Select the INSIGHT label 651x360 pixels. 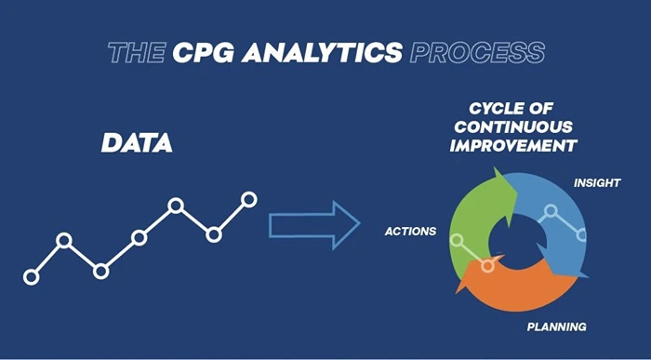pos(597,183)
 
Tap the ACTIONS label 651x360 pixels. pos(410,231)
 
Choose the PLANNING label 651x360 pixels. pos(556,327)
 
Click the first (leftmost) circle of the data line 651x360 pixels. pos(32,276)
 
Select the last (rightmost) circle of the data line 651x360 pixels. pos(248,198)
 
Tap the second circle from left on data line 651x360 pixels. pos(64,240)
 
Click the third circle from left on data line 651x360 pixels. pos(101,271)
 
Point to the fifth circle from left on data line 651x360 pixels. pos(175,205)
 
